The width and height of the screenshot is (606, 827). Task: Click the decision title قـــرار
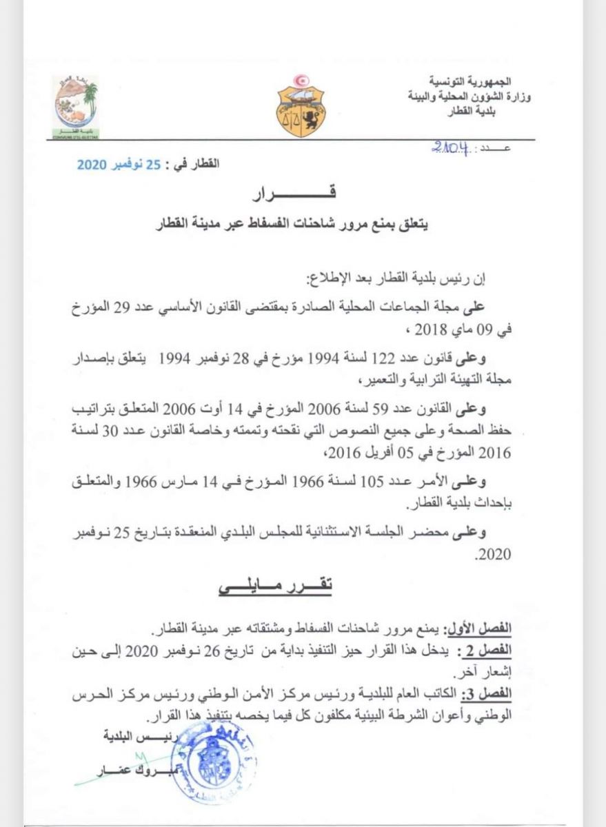coord(303,195)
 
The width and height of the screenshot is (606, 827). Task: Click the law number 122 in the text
coord(360,358)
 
